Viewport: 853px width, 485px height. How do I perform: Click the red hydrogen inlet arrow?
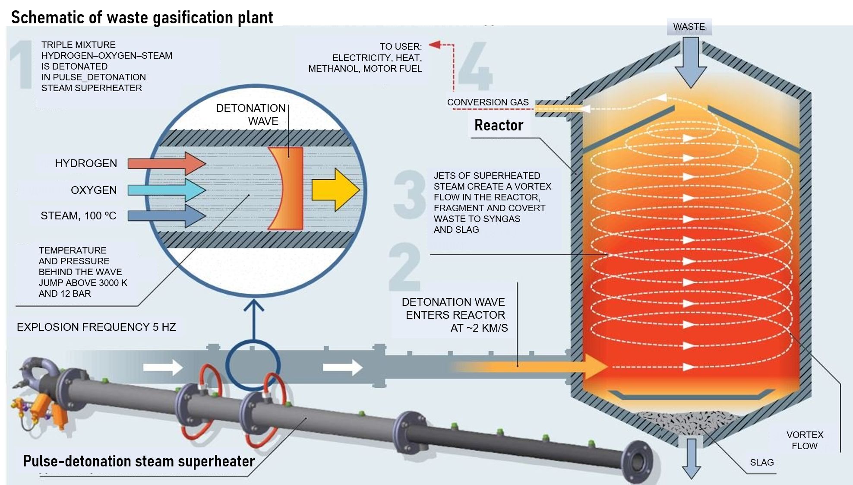click(167, 163)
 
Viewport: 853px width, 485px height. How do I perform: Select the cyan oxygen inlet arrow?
click(167, 190)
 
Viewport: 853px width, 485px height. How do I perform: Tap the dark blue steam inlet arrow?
click(167, 216)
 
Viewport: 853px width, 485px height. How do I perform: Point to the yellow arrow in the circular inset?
click(336, 190)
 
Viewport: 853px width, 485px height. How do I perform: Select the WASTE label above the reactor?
click(689, 27)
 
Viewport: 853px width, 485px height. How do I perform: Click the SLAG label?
click(762, 463)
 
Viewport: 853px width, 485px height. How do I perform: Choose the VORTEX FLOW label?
click(805, 440)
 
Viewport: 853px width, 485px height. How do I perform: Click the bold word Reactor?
click(499, 125)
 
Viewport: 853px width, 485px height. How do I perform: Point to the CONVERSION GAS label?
click(488, 102)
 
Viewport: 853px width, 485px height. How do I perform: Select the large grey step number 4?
click(475, 65)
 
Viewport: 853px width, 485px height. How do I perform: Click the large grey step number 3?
click(409, 194)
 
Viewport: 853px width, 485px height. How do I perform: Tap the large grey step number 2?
click(404, 266)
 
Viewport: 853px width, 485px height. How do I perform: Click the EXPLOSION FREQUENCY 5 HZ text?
click(96, 327)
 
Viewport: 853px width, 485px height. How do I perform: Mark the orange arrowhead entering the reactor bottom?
click(596, 366)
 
